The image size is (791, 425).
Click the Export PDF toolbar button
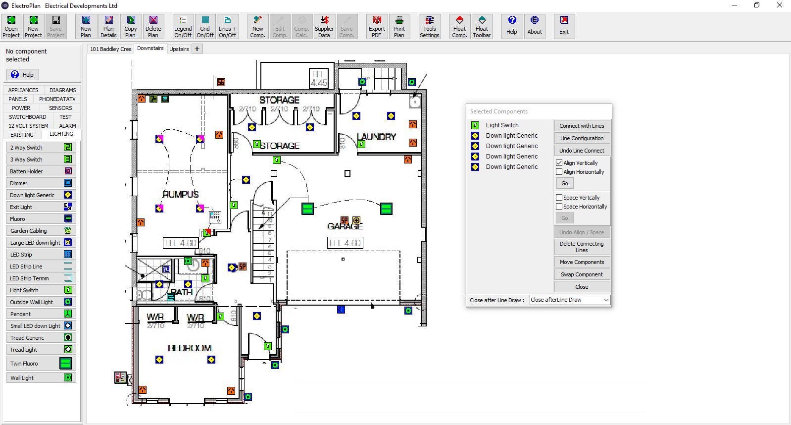[377, 27]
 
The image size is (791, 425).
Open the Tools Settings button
[429, 27]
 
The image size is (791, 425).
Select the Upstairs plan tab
[179, 49]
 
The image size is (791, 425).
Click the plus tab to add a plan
[197, 49]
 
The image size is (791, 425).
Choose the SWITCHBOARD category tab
[28, 117]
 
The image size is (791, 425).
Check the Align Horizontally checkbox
[559, 172]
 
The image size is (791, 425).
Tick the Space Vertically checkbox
[559, 198]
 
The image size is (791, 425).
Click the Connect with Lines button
[582, 126]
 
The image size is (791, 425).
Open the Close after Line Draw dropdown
[570, 300]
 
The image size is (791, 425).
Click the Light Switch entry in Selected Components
[502, 125]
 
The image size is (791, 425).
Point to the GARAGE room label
[345, 226]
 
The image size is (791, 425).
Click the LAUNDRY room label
[376, 137]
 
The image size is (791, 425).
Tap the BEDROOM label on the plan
[190, 348]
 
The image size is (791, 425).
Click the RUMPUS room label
[181, 194]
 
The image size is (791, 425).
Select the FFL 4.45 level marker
[318, 79]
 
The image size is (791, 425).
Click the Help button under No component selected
[23, 75]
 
